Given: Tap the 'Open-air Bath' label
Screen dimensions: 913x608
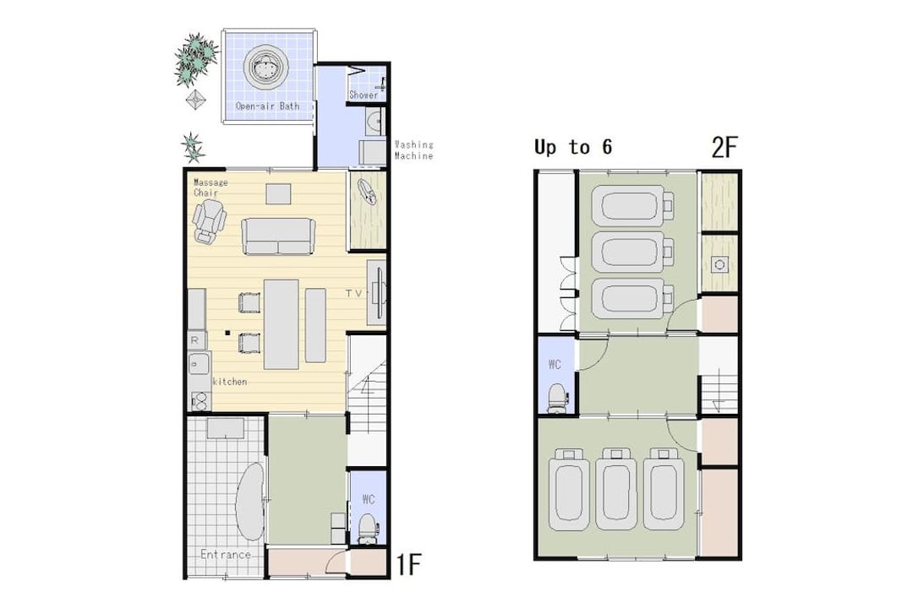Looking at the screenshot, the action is pyautogui.click(x=267, y=106).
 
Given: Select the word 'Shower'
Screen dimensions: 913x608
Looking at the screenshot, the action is pyautogui.click(x=364, y=95).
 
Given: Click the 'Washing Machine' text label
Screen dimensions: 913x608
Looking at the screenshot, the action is pyautogui.click(x=414, y=150).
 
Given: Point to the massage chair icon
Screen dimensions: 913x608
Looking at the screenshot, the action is pyautogui.click(x=209, y=221).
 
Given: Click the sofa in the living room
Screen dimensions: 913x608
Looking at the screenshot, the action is pyautogui.click(x=278, y=236).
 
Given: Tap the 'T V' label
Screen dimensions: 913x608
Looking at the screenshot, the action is pyautogui.click(x=353, y=293).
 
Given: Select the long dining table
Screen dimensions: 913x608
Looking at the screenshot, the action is pyautogui.click(x=282, y=324).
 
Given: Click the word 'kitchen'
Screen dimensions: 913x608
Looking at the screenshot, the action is pyautogui.click(x=230, y=382).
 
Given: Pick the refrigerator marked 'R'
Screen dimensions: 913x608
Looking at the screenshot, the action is pyautogui.click(x=197, y=340).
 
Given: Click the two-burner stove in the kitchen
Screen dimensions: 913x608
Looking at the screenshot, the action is pyautogui.click(x=200, y=401).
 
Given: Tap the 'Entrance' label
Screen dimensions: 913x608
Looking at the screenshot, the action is pyautogui.click(x=226, y=555).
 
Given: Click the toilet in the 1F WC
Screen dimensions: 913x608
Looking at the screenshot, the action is pyautogui.click(x=367, y=529).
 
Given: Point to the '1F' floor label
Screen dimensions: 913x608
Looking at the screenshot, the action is pyautogui.click(x=409, y=564).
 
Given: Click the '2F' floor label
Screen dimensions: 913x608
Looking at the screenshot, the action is pyautogui.click(x=724, y=147).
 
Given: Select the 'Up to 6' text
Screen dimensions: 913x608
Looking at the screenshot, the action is pyautogui.click(x=573, y=147).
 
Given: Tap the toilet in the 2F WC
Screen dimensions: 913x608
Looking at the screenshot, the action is pyautogui.click(x=557, y=398).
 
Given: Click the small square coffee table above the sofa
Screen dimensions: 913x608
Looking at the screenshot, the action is pyautogui.click(x=278, y=193).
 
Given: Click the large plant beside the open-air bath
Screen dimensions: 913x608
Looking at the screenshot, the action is pyautogui.click(x=196, y=59).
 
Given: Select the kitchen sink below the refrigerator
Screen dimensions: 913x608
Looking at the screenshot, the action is pyautogui.click(x=199, y=364).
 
